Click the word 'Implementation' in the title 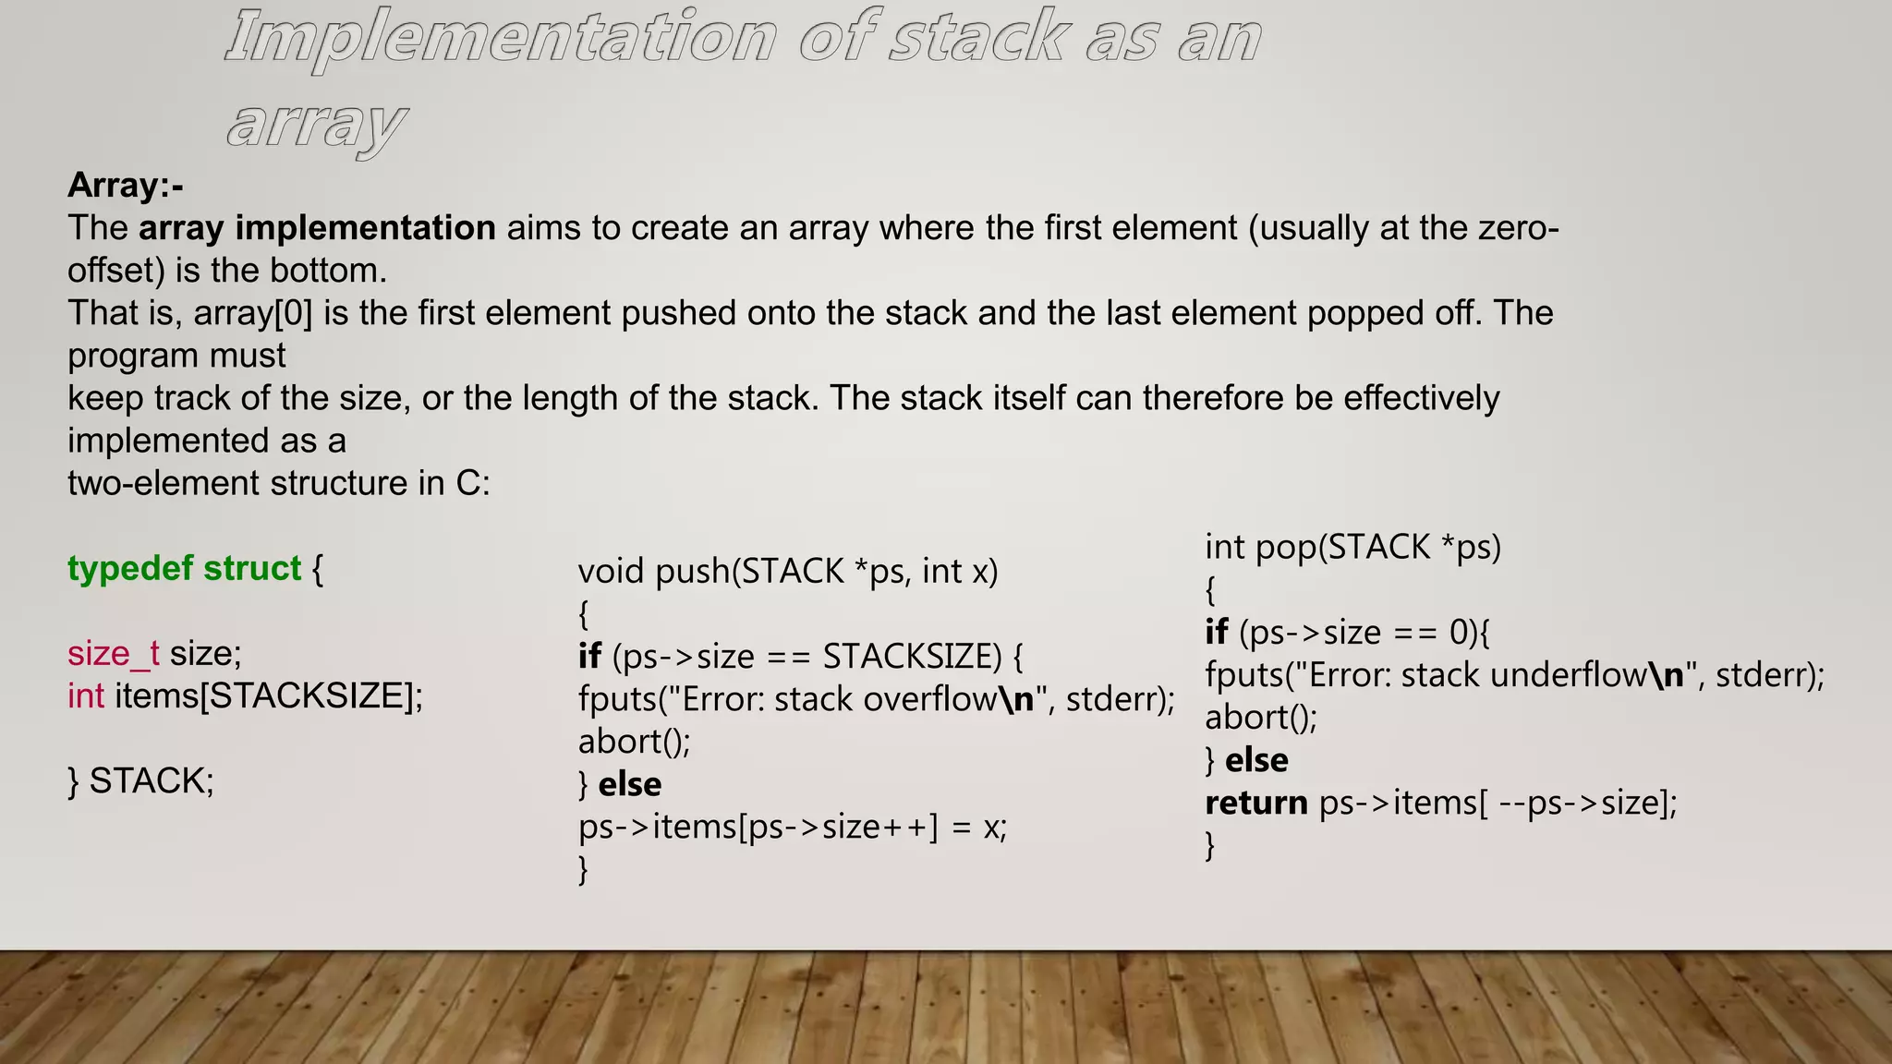pyautogui.click(x=500, y=39)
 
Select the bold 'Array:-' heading pyautogui.click(x=125, y=186)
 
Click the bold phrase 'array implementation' pyautogui.click(x=317, y=228)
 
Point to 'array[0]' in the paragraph pyautogui.click(x=253, y=313)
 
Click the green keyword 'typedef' pyautogui.click(x=130, y=568)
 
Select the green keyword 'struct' pyautogui.click(x=252, y=568)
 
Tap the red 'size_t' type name pyautogui.click(x=113, y=653)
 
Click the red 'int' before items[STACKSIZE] pyautogui.click(x=86, y=695)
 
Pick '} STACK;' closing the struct pyautogui.click(x=140, y=780)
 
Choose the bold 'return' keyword pyautogui.click(x=1255, y=803)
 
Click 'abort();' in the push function pyautogui.click(x=634, y=742)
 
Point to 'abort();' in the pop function pyautogui.click(x=1261, y=718)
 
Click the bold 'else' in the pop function pyautogui.click(x=1255, y=760)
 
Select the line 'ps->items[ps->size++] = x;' pyautogui.click(x=792, y=827)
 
